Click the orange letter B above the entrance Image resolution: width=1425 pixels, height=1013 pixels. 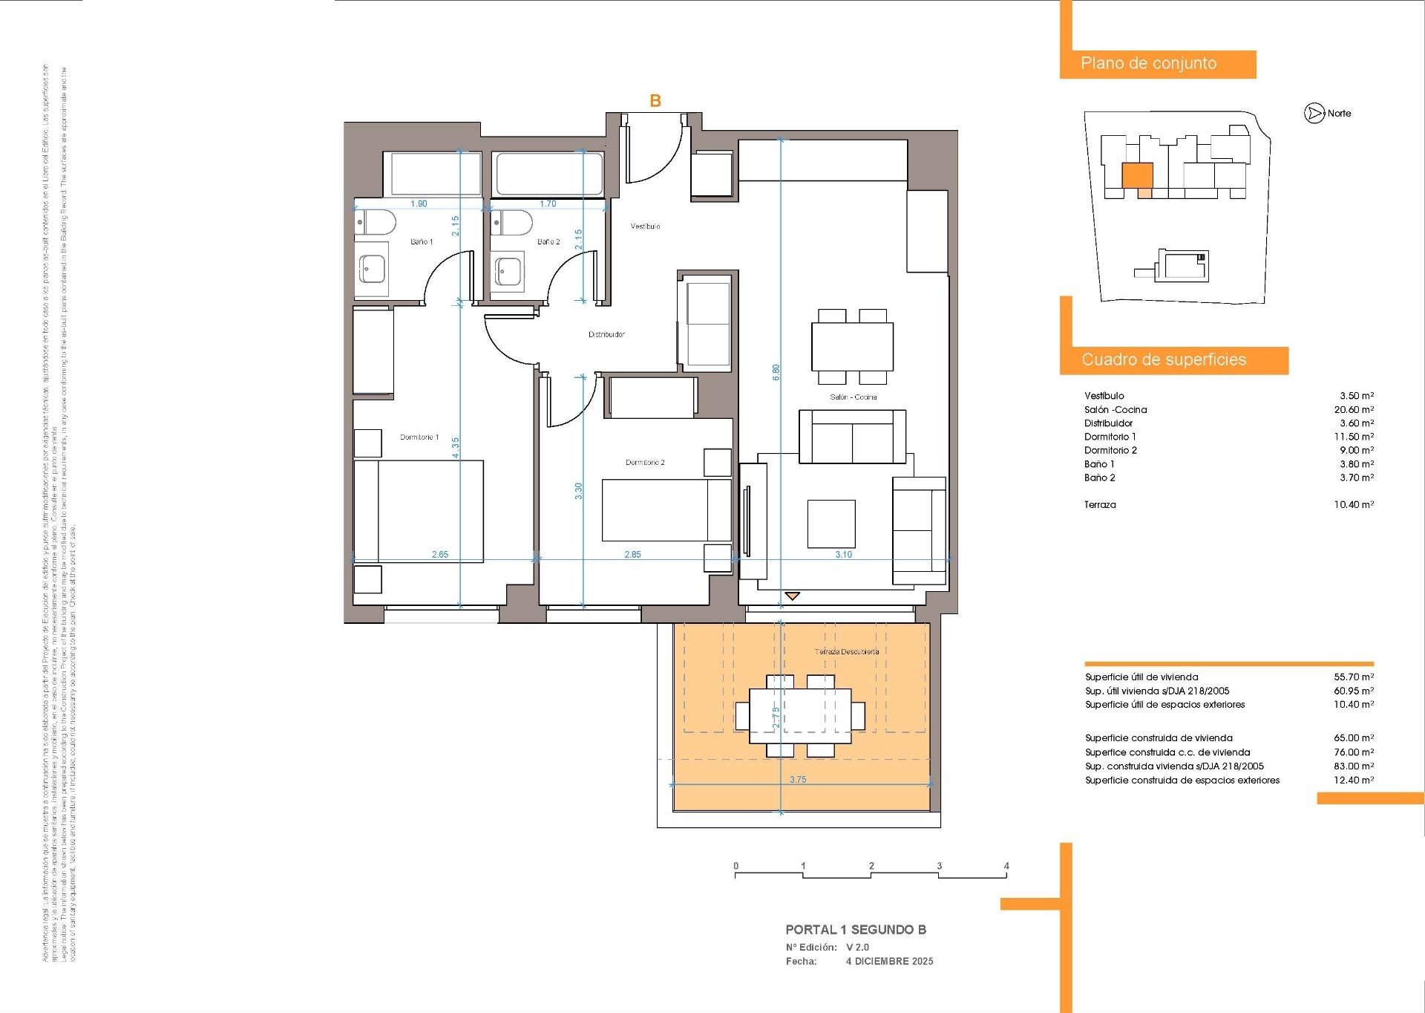[x=655, y=101]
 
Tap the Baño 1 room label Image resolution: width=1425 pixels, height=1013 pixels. [x=422, y=242]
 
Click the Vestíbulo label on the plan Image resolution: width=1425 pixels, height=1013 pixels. [x=645, y=226]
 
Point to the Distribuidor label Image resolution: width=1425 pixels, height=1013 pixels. [x=606, y=334]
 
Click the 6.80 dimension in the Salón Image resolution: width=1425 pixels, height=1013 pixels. [x=776, y=372]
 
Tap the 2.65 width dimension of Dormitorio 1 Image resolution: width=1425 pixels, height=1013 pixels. [x=440, y=554]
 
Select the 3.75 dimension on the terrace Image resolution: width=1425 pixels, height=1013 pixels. [x=798, y=780]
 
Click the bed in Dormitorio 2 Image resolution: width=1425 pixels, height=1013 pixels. [x=666, y=509]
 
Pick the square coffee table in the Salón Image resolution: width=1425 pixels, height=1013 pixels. [x=831, y=524]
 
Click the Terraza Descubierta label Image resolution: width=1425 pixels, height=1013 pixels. [x=847, y=652]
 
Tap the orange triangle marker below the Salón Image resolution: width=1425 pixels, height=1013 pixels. [x=793, y=596]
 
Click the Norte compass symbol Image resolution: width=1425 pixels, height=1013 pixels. [x=1314, y=114]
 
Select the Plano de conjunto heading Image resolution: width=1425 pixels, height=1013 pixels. [x=1148, y=64]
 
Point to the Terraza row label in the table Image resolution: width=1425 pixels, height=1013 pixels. [x=1100, y=504]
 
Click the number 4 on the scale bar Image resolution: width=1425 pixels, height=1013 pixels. [x=1006, y=866]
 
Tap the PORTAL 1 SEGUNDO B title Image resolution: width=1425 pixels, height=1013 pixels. [x=856, y=930]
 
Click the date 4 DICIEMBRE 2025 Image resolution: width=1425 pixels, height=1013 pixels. [x=889, y=961]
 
